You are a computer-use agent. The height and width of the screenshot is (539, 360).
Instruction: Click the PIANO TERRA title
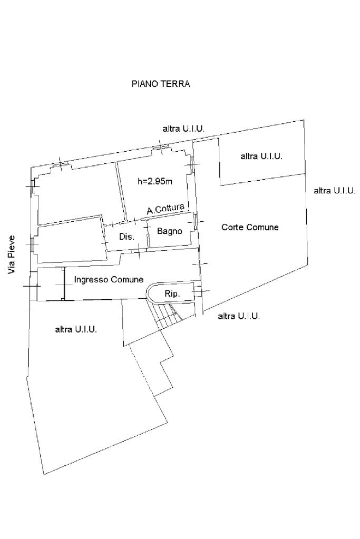161,84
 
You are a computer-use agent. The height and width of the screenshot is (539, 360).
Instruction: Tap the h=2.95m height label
154,182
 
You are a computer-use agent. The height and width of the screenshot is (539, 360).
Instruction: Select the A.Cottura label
166,209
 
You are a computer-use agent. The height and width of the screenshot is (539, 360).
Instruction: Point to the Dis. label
127,237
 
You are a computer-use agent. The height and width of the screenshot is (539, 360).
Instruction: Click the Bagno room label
170,231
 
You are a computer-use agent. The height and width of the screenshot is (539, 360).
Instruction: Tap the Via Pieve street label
11,255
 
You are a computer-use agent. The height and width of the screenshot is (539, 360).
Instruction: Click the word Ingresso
92,279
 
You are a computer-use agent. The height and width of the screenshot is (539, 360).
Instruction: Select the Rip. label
172,294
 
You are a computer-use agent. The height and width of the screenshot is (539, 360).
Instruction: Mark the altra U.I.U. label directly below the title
183,129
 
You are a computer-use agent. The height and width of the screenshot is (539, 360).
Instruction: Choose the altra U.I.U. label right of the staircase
239,316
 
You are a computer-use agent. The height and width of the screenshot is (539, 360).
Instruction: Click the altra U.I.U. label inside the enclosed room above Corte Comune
261,156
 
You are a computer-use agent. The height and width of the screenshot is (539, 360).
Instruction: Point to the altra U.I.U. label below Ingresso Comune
76,330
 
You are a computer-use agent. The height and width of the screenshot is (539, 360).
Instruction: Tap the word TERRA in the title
176,84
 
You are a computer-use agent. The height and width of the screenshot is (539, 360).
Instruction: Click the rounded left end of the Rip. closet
150,293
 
